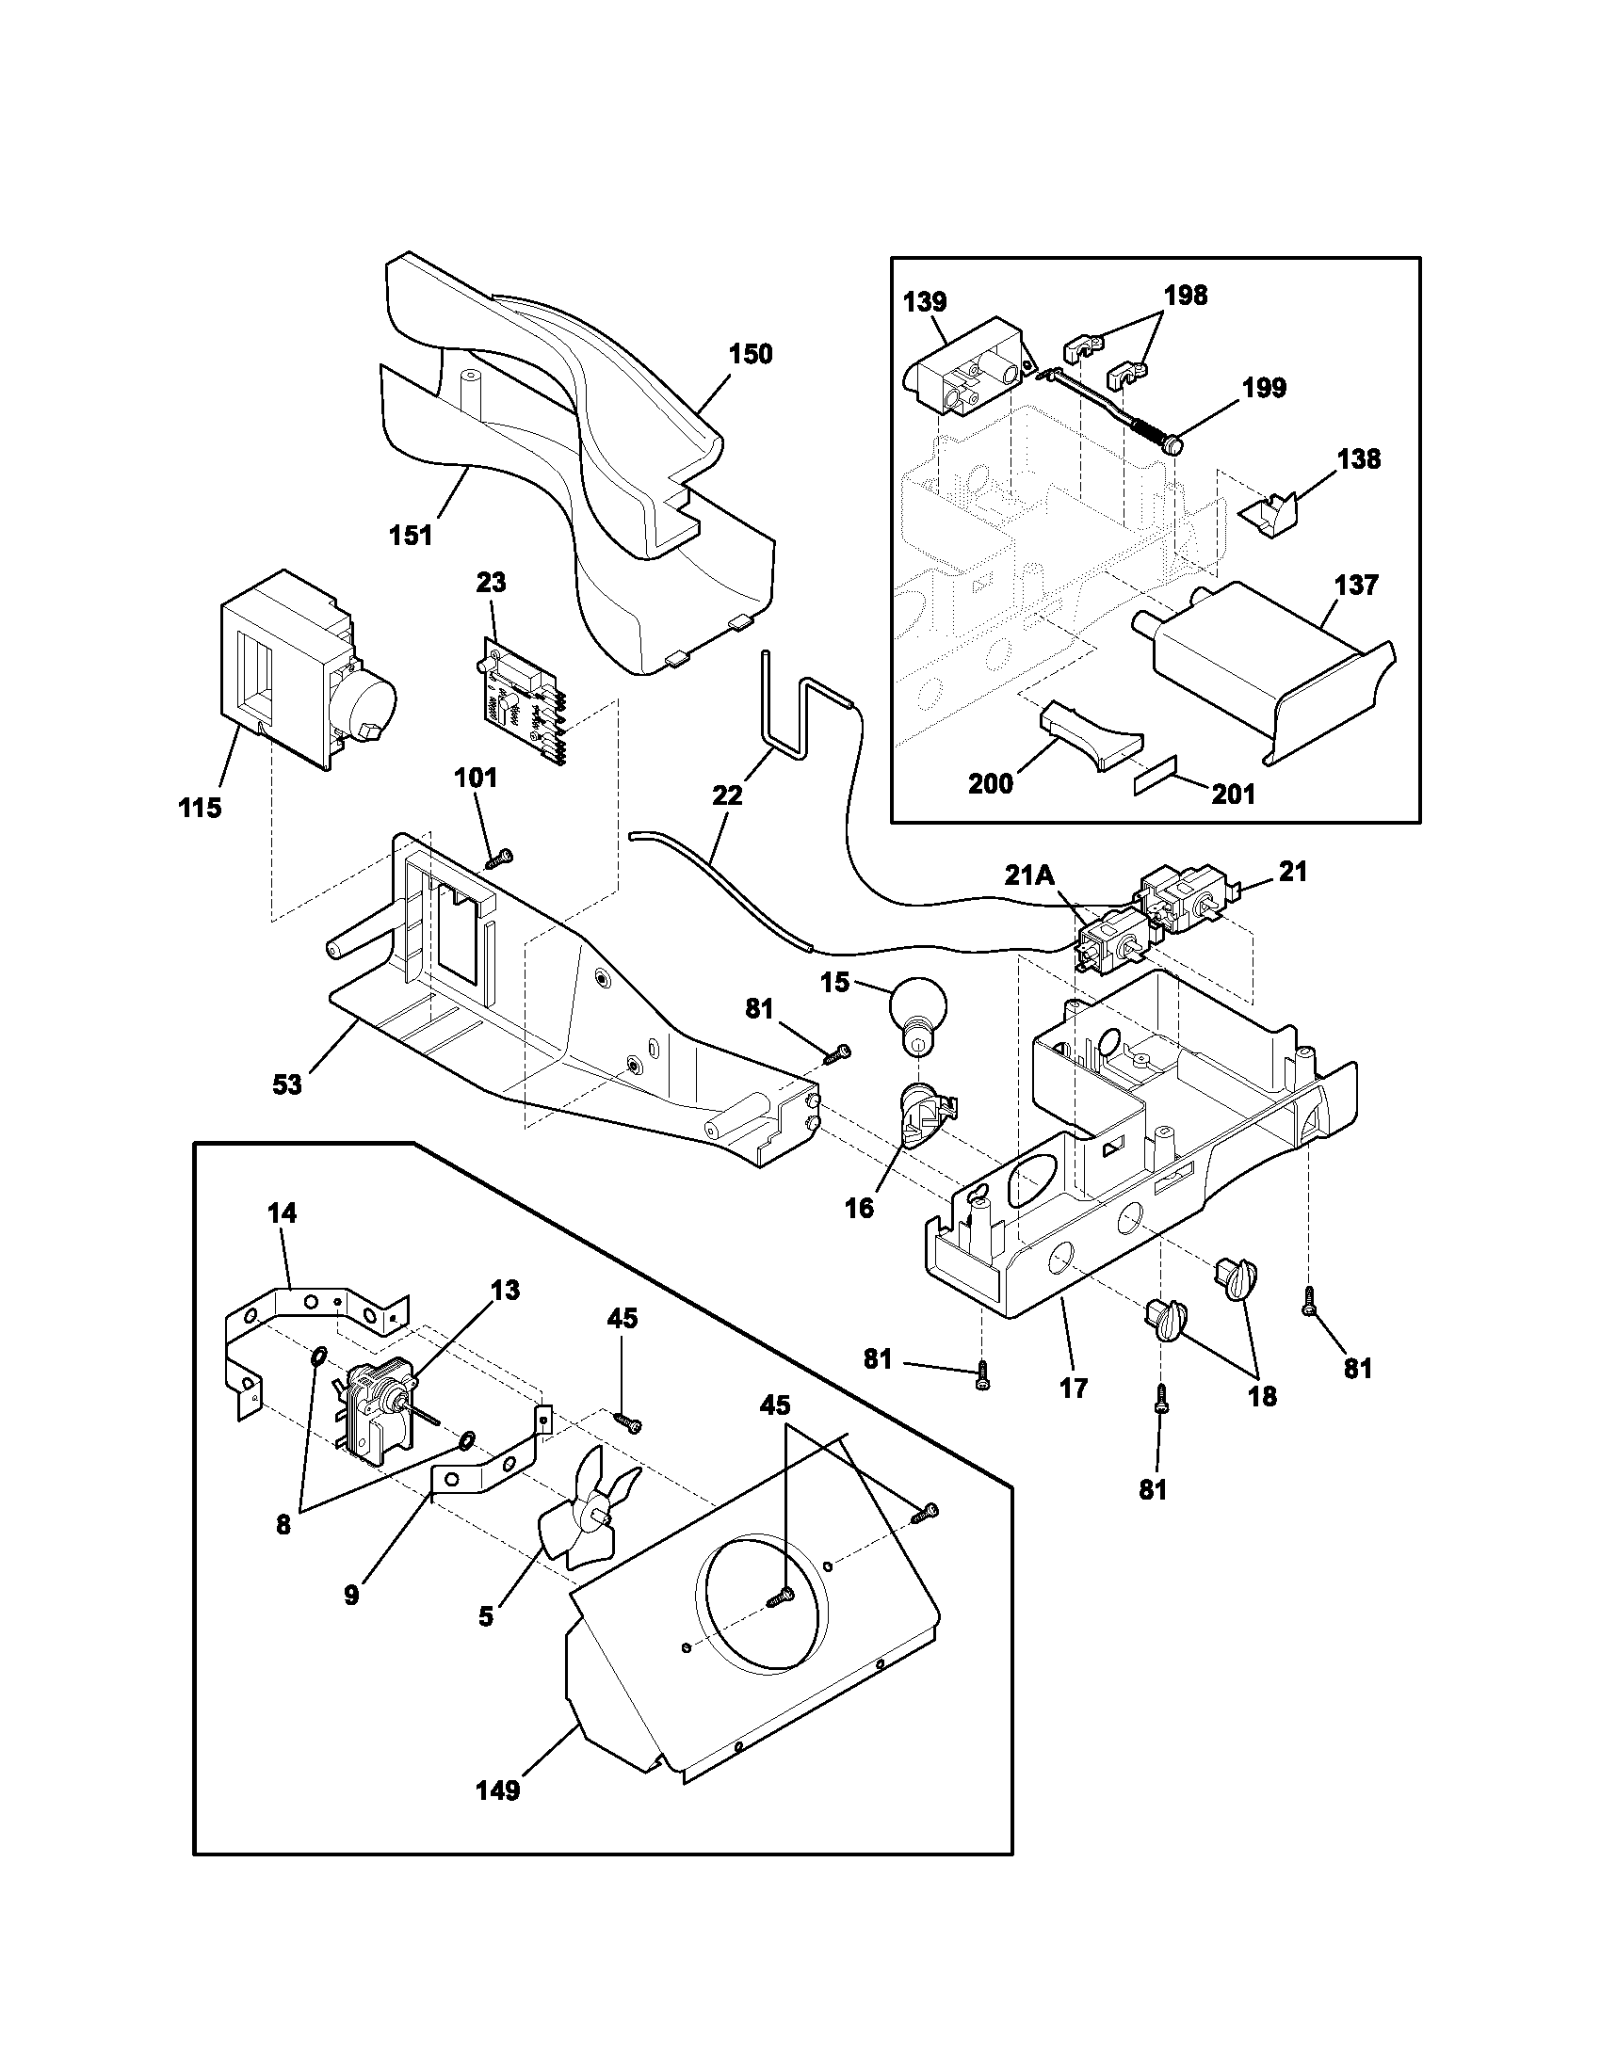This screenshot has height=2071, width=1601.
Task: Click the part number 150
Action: pos(750,354)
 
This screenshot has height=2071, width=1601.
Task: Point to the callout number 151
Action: pos(410,536)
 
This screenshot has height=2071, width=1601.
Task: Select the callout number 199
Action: pos(1263,388)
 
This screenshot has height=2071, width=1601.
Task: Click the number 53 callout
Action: pos(286,1084)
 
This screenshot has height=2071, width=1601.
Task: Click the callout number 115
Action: pos(199,808)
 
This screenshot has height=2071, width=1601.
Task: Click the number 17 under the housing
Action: pos(1073,1389)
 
